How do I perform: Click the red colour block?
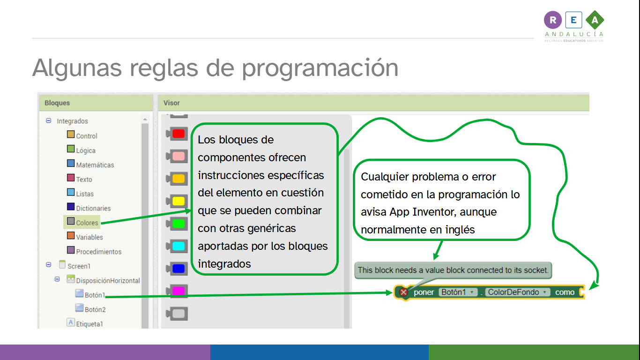pyautogui.click(x=178, y=134)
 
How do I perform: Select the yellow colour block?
pyautogui.click(x=178, y=201)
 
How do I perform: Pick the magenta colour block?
pyautogui.click(x=178, y=291)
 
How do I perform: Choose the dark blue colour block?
pyautogui.click(x=178, y=269)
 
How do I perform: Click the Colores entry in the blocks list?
pyautogui.click(x=87, y=223)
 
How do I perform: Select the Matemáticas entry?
pyautogui.click(x=95, y=165)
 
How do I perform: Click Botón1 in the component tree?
pyautogui.click(x=95, y=295)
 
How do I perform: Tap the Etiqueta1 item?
pyautogui.click(x=89, y=323)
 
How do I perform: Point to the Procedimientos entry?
pyautogui.click(x=98, y=252)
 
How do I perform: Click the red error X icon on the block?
pyautogui.click(x=403, y=292)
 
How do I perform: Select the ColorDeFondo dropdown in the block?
pyautogui.click(x=518, y=292)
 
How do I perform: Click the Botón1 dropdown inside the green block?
pyautogui.click(x=458, y=292)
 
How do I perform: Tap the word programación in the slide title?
pyautogui.click(x=320, y=68)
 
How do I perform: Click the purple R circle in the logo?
pyautogui.click(x=553, y=20)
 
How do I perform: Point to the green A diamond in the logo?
pyautogui.click(x=595, y=20)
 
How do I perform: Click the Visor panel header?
pyautogui.click(x=172, y=103)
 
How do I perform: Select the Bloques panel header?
pyautogui.click(x=57, y=103)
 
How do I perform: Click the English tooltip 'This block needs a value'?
pyautogui.click(x=453, y=270)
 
